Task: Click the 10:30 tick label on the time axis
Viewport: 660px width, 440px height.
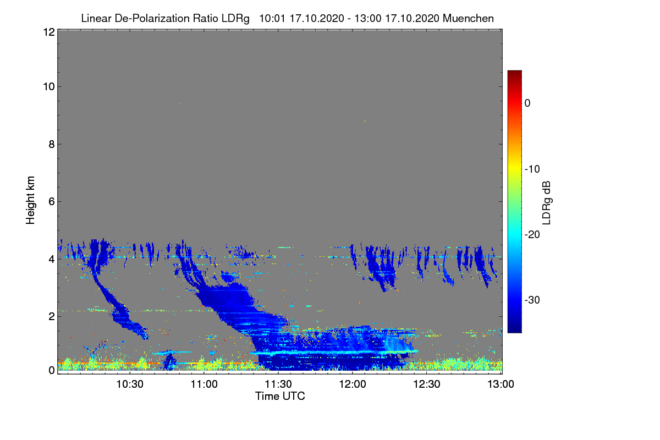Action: (x=130, y=384)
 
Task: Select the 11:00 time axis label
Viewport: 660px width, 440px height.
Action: (x=204, y=384)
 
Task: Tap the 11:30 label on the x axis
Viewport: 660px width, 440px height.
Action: (x=278, y=384)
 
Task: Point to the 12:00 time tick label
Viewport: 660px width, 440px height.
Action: (x=353, y=384)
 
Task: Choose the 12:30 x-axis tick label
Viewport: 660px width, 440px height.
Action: (x=427, y=384)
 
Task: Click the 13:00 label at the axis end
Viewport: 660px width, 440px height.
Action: (x=501, y=384)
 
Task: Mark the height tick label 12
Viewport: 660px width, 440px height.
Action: (x=49, y=32)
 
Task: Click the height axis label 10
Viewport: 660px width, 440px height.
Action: (x=49, y=87)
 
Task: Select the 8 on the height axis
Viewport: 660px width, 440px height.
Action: (x=52, y=145)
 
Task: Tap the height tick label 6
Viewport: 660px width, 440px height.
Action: (x=52, y=202)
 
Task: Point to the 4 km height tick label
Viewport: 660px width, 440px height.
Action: (x=52, y=260)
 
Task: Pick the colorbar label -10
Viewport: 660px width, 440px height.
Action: (x=532, y=169)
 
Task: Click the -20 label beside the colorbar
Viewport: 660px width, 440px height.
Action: (x=532, y=235)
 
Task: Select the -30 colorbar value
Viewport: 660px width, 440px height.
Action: (x=532, y=300)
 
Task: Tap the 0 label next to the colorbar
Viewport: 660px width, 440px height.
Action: (x=527, y=103)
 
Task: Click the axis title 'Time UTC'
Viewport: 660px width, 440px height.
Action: (x=280, y=397)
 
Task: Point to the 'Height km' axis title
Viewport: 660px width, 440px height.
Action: (x=30, y=200)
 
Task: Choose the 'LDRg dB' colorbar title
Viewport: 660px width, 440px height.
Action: (x=546, y=203)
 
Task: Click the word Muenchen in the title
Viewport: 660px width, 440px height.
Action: (x=468, y=19)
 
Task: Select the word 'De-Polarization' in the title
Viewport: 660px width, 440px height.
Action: (x=152, y=19)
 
